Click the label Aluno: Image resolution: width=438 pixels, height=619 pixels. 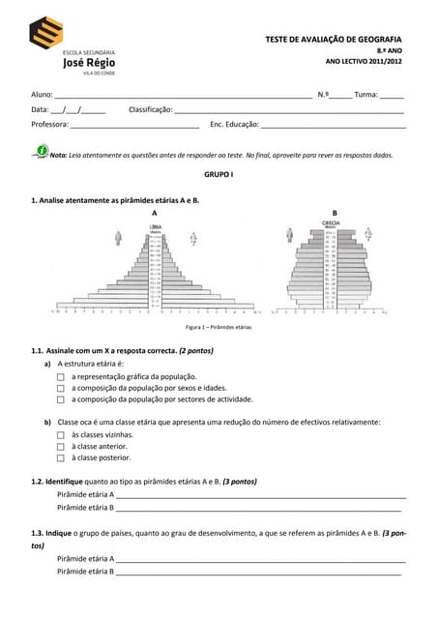pos(42,95)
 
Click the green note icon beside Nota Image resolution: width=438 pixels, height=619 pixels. pos(41,152)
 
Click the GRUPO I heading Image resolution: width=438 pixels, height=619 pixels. pos(219,174)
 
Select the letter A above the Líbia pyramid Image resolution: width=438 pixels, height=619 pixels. pos(155,212)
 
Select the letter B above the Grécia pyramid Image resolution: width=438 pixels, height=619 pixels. pos(335,212)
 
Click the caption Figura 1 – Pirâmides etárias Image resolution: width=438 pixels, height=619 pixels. pos(219,328)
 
